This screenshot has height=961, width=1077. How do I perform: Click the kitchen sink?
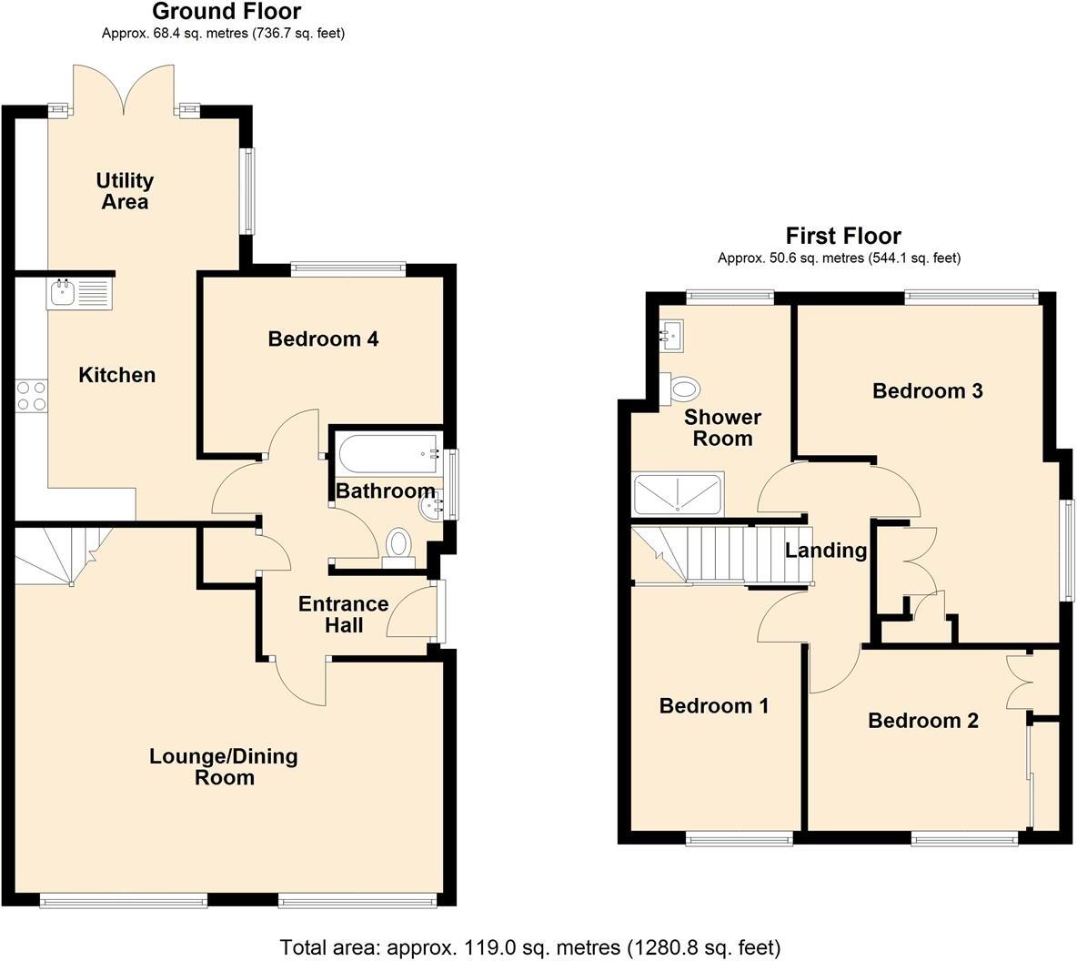[78, 294]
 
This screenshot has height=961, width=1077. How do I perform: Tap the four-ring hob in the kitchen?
[31, 395]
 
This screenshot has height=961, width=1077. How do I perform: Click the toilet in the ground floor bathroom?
[398, 545]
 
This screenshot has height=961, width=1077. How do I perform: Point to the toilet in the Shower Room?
[683, 389]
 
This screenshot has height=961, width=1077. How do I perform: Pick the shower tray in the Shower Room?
[678, 493]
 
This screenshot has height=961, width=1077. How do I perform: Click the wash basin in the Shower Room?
[674, 336]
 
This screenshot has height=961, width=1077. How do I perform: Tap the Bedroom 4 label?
[323, 339]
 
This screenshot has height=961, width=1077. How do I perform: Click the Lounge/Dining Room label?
[224, 766]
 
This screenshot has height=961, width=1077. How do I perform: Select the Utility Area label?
[125, 191]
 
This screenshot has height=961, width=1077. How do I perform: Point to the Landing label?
[826, 551]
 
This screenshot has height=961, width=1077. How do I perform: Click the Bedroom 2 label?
[923, 721]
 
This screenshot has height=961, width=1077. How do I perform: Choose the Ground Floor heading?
[226, 12]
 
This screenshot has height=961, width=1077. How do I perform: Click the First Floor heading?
[843, 237]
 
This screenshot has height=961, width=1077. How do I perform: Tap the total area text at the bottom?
[529, 947]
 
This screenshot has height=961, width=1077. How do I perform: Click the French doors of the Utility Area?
[123, 91]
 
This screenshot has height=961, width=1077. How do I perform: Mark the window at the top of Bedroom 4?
[347, 268]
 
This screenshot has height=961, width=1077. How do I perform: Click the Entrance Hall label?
[344, 614]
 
